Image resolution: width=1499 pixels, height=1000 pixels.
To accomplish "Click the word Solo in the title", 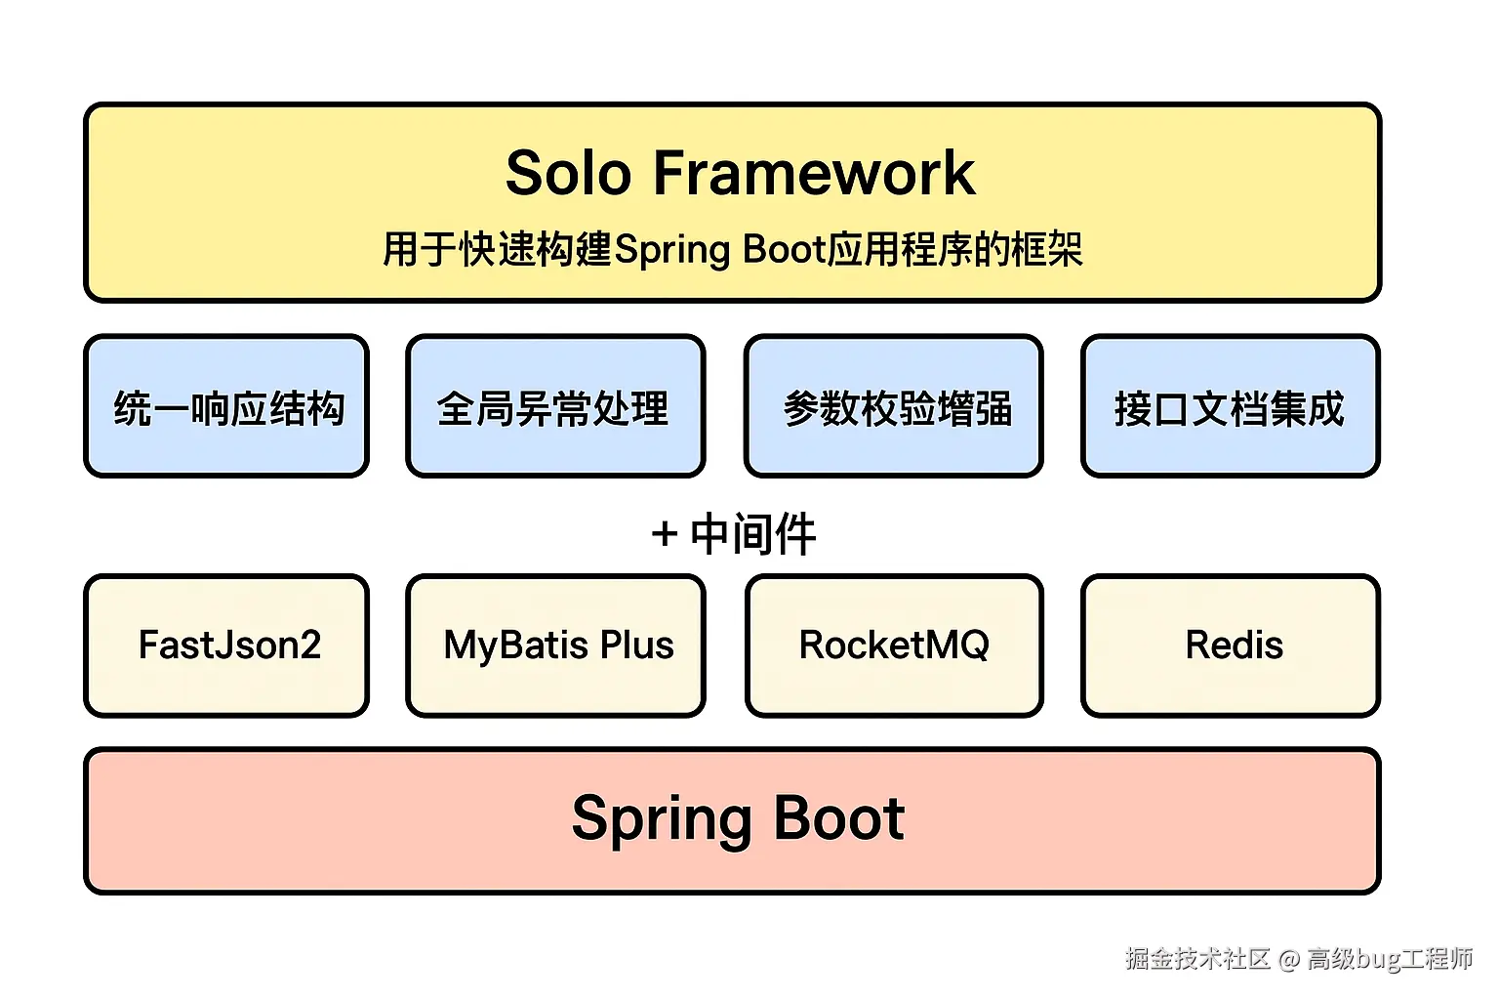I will [x=569, y=173].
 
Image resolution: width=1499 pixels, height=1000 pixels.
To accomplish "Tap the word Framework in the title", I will [x=813, y=173].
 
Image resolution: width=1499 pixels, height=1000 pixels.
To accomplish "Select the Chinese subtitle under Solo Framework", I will [x=732, y=249].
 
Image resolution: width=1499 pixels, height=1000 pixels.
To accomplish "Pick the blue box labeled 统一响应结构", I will [x=227, y=407].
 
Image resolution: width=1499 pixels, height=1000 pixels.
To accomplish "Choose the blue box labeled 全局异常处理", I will [x=554, y=407].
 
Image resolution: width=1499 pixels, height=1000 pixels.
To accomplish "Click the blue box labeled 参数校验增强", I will [x=894, y=407].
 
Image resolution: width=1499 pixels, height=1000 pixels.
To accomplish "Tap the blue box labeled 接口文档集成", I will [x=1230, y=407].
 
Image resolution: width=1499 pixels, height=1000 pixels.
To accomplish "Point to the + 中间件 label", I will [x=734, y=533].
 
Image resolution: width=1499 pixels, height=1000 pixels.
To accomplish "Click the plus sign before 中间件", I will [x=665, y=534].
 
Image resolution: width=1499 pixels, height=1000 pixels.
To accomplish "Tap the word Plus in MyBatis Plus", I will [x=636, y=646].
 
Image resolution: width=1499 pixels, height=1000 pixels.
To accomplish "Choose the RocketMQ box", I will [x=894, y=646].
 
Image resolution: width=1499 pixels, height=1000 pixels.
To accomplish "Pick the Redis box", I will [x=1232, y=646].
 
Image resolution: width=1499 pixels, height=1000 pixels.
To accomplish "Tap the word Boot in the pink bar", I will [x=839, y=818].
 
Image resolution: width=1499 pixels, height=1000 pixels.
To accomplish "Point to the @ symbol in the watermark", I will [x=1289, y=960].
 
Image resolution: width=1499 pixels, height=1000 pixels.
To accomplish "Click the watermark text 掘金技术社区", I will [x=1197, y=959].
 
